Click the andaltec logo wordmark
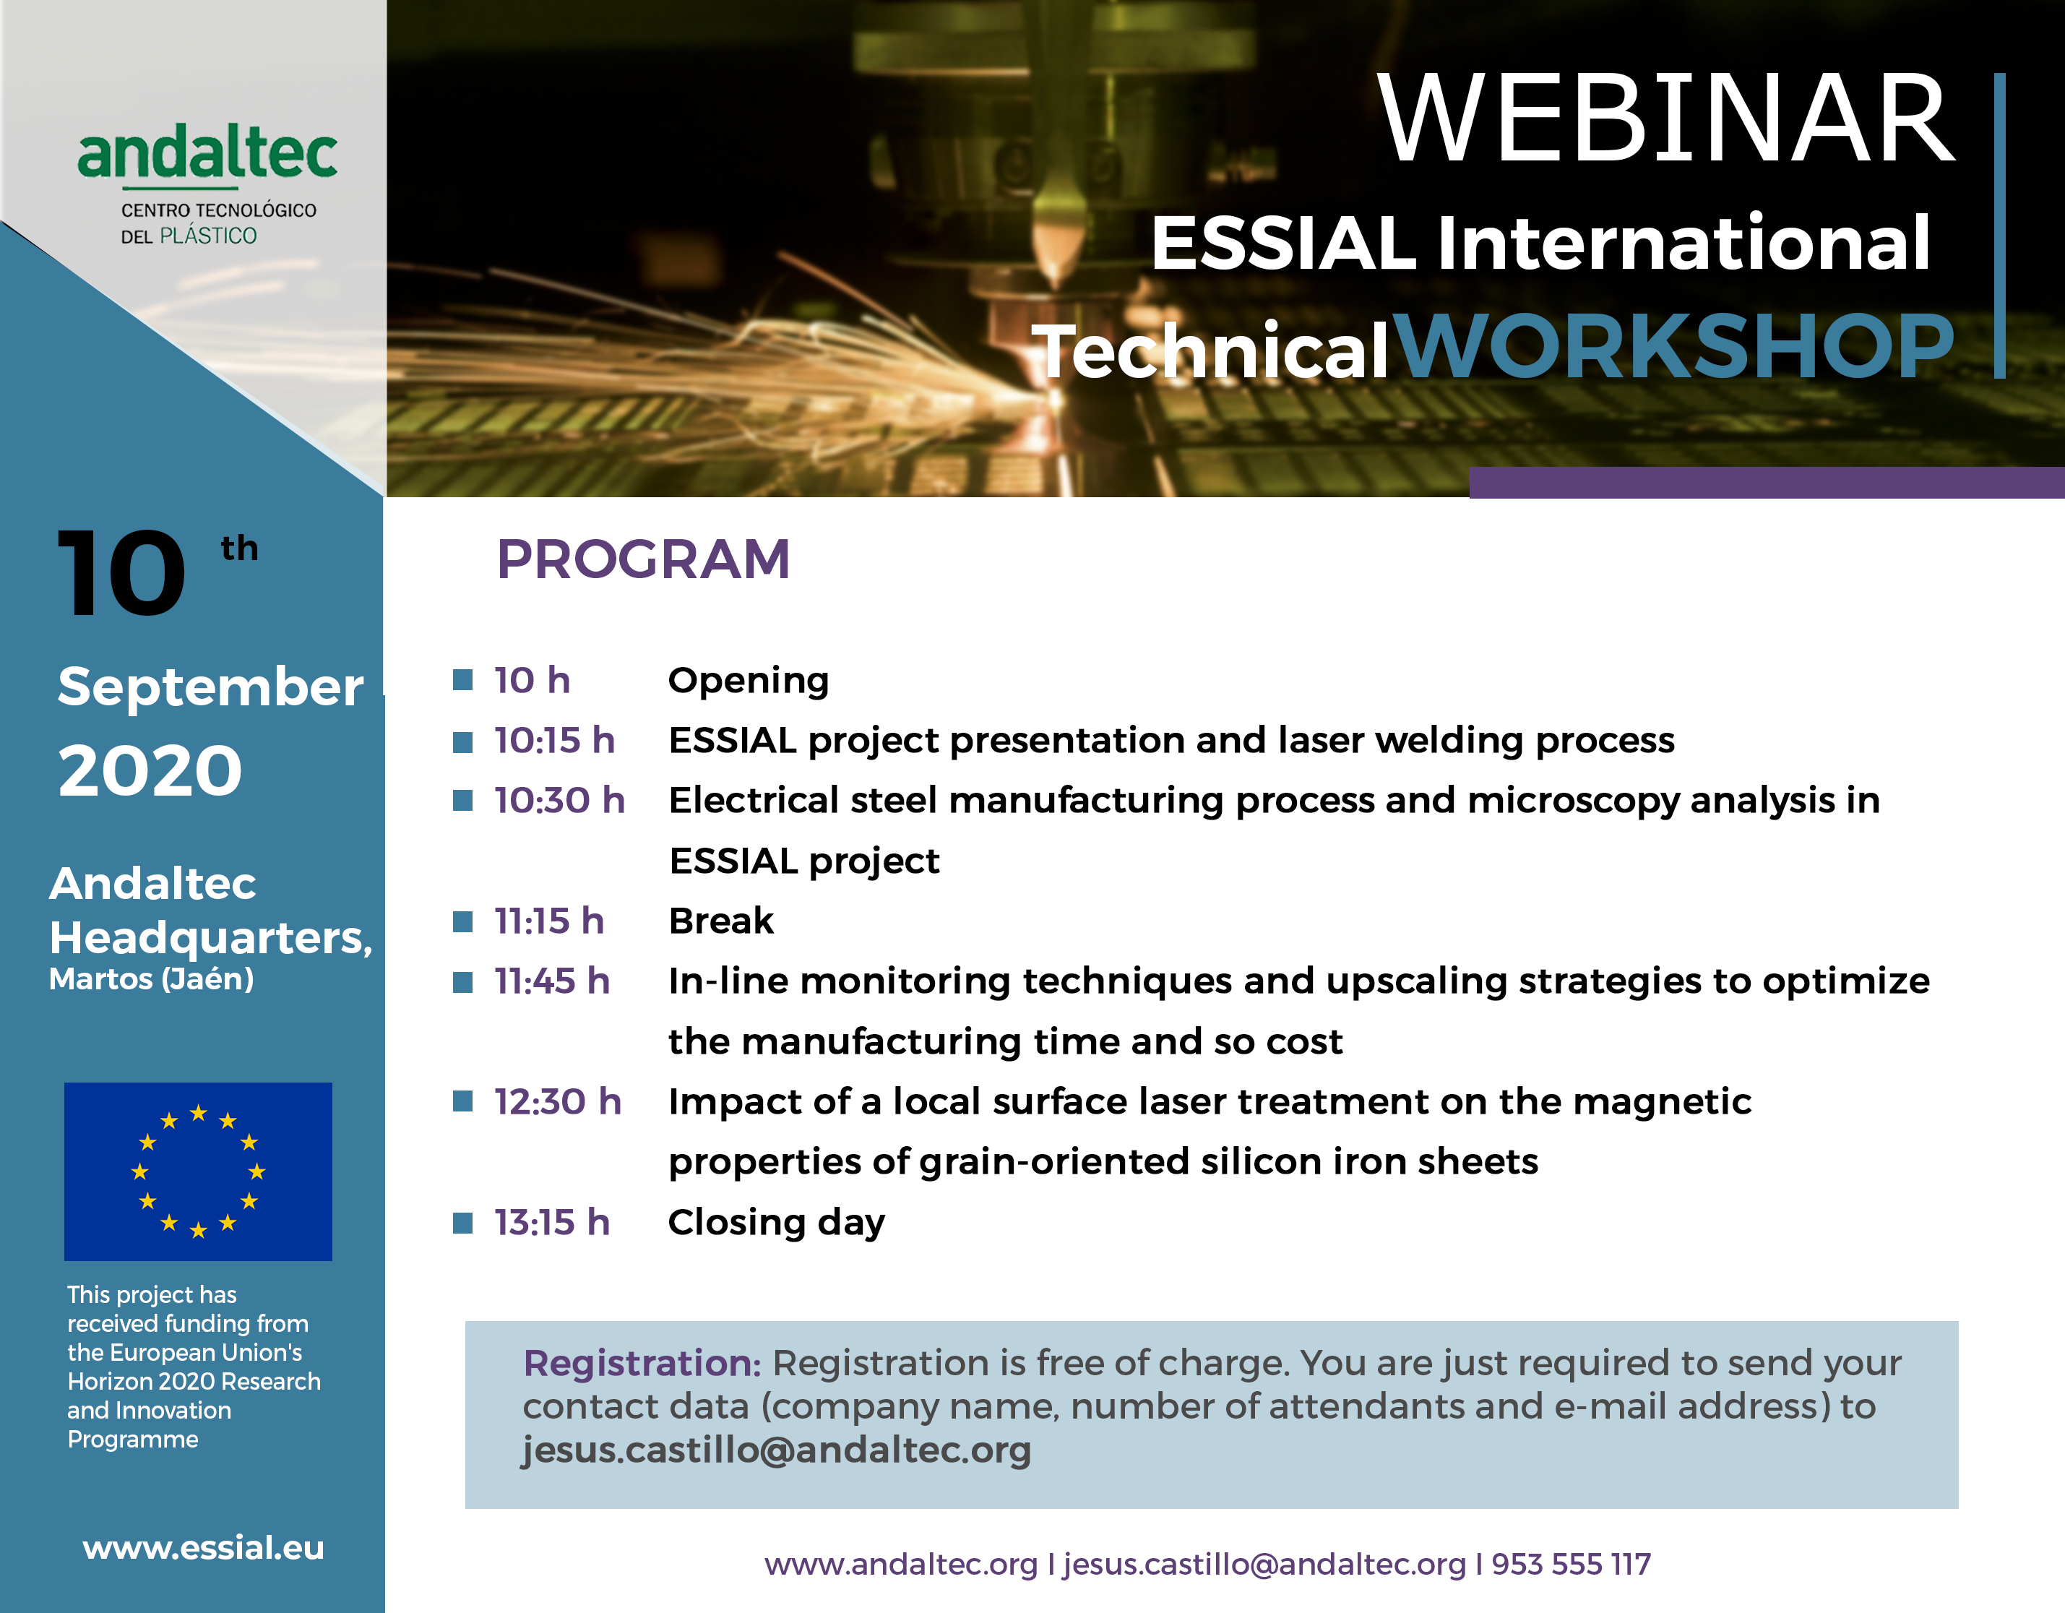[x=207, y=155]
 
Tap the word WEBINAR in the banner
[x=1666, y=119]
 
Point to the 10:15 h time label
[x=555, y=740]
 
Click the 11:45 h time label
[x=552, y=981]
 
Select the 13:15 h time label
[x=552, y=1223]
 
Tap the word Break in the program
[x=721, y=921]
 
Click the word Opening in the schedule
[x=749, y=681]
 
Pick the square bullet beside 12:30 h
[x=462, y=1101]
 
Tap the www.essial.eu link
[x=203, y=1548]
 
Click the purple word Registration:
[x=643, y=1364]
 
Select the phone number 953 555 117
[x=1572, y=1565]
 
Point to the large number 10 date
[x=122, y=573]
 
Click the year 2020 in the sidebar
[x=150, y=770]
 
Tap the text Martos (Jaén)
[x=151, y=979]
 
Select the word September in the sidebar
[x=211, y=687]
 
